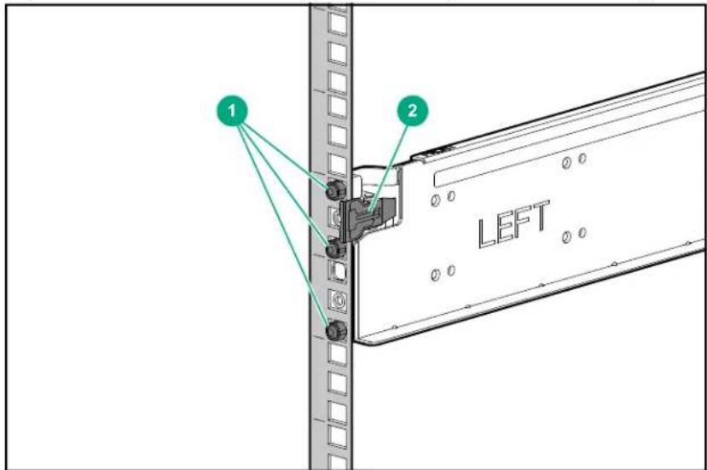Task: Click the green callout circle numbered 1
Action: pos(232,111)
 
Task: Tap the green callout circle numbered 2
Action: pos(413,111)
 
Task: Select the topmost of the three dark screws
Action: pos(336,189)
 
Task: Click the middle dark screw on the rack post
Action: pos(336,248)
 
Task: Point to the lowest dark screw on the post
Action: pos(336,331)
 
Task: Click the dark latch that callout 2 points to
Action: pos(368,218)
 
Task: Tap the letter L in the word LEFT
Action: pos(489,232)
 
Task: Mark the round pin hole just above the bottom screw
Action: pos(339,300)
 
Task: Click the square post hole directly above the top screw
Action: pos(338,165)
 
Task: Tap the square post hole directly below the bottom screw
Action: pos(337,355)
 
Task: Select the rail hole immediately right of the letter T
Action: pos(567,236)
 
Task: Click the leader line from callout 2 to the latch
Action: pos(389,167)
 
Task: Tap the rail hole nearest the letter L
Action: pos(451,270)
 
